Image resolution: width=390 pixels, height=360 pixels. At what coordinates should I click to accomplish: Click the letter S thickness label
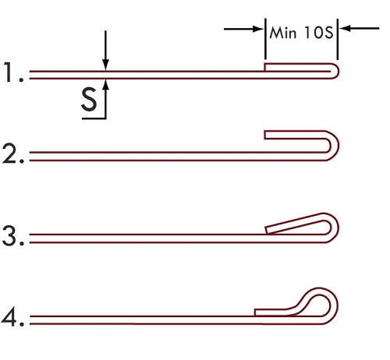(89, 99)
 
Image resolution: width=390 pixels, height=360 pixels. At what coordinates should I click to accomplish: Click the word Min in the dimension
(283, 33)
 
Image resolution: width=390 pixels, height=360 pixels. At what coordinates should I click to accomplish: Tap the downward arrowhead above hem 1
(105, 65)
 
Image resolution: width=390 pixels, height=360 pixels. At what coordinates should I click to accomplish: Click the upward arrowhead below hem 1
(105, 84)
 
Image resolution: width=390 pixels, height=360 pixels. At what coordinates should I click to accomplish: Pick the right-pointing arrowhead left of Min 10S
(258, 29)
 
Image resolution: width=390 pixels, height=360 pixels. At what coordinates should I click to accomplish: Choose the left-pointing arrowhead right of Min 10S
(345, 28)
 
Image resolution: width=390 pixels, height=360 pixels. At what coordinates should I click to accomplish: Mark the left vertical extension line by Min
(265, 39)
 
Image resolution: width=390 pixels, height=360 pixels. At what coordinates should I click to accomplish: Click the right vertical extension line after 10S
(338, 39)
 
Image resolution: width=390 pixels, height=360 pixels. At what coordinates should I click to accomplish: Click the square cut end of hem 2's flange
(264, 135)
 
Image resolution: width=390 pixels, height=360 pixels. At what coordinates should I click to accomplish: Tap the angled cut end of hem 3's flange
(267, 230)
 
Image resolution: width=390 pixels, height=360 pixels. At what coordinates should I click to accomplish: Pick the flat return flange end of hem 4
(255, 312)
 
